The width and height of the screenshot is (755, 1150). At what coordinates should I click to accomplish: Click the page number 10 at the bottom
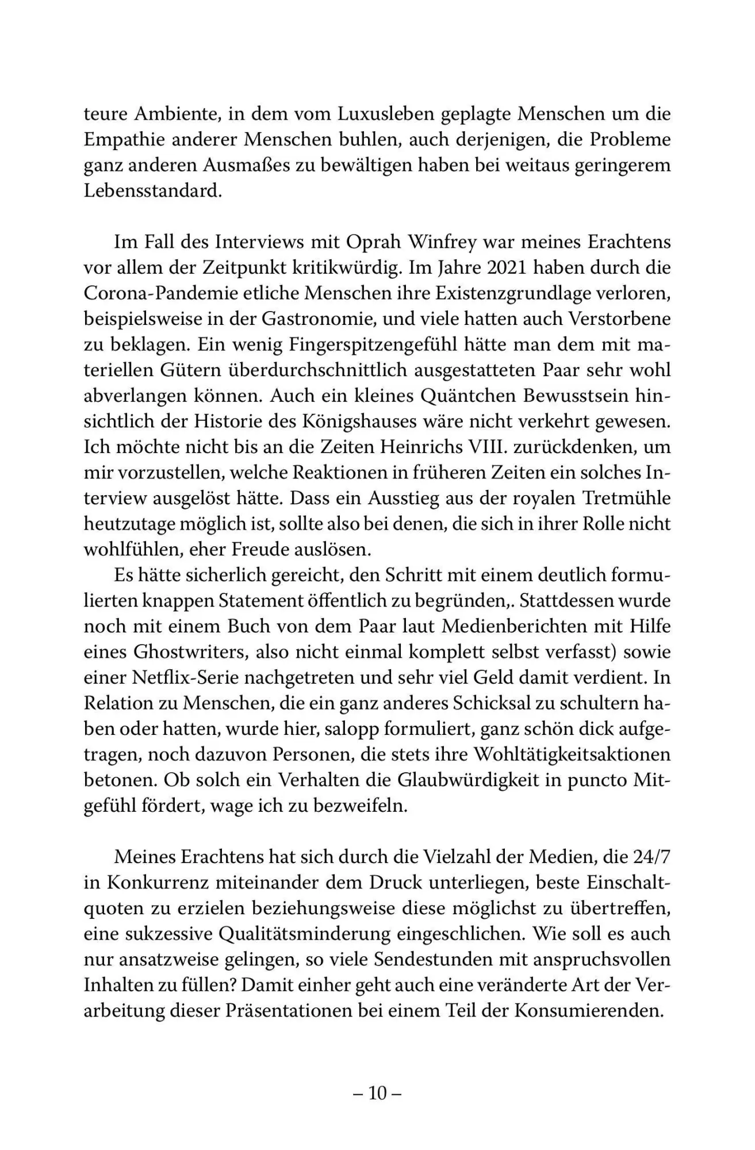pos(377,1093)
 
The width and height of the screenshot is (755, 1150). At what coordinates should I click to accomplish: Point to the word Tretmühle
pos(631,498)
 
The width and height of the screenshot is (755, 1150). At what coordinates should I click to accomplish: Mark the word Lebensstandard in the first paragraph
pos(152,191)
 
